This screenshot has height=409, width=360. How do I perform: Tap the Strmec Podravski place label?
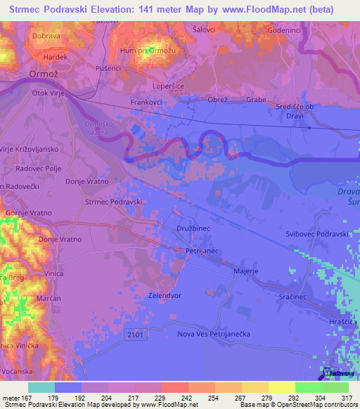(x=114, y=202)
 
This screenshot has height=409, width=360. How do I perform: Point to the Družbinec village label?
(x=193, y=228)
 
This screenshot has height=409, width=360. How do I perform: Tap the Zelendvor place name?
(x=166, y=296)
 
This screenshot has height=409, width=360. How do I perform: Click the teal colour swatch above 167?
(x=41, y=387)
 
